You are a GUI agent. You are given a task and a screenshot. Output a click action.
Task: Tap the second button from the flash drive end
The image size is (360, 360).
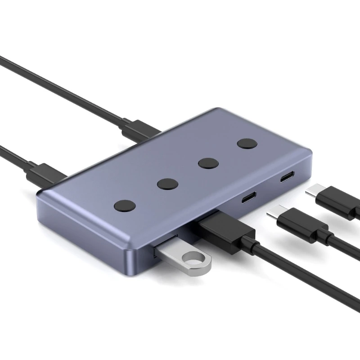(x=167, y=184)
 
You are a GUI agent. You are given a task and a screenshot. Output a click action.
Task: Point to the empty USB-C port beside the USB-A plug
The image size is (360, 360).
(x=248, y=198)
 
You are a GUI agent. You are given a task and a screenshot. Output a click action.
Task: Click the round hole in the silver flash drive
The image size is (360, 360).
(x=194, y=261)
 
